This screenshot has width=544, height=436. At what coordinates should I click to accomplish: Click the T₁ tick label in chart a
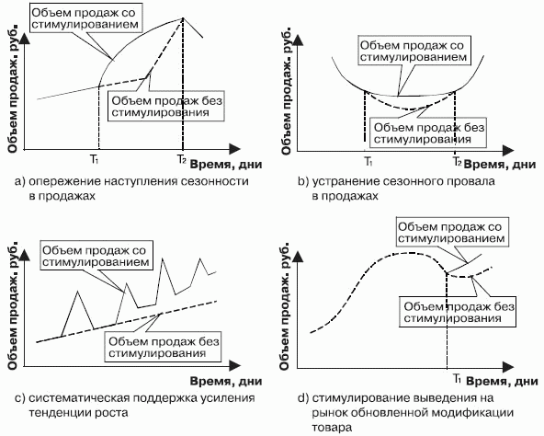95,159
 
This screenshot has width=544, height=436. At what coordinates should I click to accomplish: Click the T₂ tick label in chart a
181,159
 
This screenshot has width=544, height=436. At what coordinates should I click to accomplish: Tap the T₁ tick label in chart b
368,161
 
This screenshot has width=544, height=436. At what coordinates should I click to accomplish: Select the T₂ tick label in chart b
458,161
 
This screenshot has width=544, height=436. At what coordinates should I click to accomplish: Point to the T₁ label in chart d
458,378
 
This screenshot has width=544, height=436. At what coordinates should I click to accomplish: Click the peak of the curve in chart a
183,17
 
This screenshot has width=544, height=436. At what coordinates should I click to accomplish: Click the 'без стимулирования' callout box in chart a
166,106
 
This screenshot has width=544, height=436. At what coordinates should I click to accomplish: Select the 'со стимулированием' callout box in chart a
85,18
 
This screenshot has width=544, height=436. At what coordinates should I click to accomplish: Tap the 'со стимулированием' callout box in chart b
414,51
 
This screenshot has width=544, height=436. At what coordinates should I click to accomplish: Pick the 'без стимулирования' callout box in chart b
428,132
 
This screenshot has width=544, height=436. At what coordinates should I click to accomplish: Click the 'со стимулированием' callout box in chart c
96,256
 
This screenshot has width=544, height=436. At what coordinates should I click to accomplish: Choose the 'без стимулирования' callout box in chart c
163,347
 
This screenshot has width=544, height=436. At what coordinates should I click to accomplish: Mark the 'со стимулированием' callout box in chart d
452,233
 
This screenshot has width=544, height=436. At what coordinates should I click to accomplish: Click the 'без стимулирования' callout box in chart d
458,312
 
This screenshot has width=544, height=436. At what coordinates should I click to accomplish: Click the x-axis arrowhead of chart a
235,149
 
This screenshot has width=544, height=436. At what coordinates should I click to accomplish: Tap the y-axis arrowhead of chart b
298,40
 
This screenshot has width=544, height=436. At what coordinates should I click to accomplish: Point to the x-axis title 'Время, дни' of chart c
226,381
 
